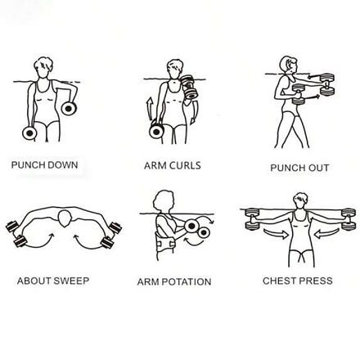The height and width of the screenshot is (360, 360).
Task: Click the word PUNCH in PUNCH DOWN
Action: tap(28, 165)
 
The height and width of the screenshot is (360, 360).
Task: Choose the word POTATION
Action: tap(187, 281)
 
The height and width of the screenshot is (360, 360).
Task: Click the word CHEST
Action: tap(279, 281)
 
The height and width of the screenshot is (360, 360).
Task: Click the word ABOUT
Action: tap(34, 281)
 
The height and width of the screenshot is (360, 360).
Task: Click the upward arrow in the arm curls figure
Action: tap(150, 109)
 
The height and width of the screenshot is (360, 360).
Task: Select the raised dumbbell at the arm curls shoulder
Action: tap(188, 87)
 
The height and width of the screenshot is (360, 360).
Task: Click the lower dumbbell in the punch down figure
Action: tap(29, 133)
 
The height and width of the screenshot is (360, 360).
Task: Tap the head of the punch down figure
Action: tap(43, 67)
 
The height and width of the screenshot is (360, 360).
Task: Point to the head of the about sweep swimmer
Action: tap(65, 218)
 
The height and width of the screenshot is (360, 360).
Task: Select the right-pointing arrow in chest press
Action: tap(276, 234)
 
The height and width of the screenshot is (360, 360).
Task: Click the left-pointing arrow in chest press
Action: tap(326, 233)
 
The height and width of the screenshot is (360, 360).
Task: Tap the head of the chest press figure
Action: tap(300, 200)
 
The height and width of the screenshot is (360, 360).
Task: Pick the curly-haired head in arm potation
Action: tap(164, 201)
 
